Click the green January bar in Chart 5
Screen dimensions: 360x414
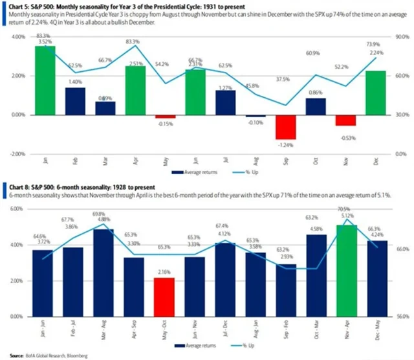[45, 80]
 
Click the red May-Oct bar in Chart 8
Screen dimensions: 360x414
[166, 298]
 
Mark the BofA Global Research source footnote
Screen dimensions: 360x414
[46, 355]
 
